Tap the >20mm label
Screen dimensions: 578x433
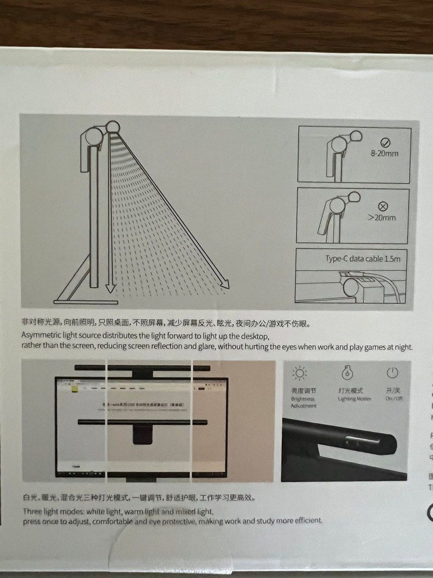pos(383,217)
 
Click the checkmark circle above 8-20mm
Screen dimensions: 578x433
pos(386,142)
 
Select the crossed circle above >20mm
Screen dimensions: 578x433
pos(383,206)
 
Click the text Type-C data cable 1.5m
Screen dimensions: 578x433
pos(362,258)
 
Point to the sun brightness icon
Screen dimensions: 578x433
pos(300,373)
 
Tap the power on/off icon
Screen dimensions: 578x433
pos(392,372)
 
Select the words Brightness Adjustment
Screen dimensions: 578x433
pos(304,402)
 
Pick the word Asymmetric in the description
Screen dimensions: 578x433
pos(41,336)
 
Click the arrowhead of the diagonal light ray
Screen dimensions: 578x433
pos(225,285)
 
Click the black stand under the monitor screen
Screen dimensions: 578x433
pos(143,435)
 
